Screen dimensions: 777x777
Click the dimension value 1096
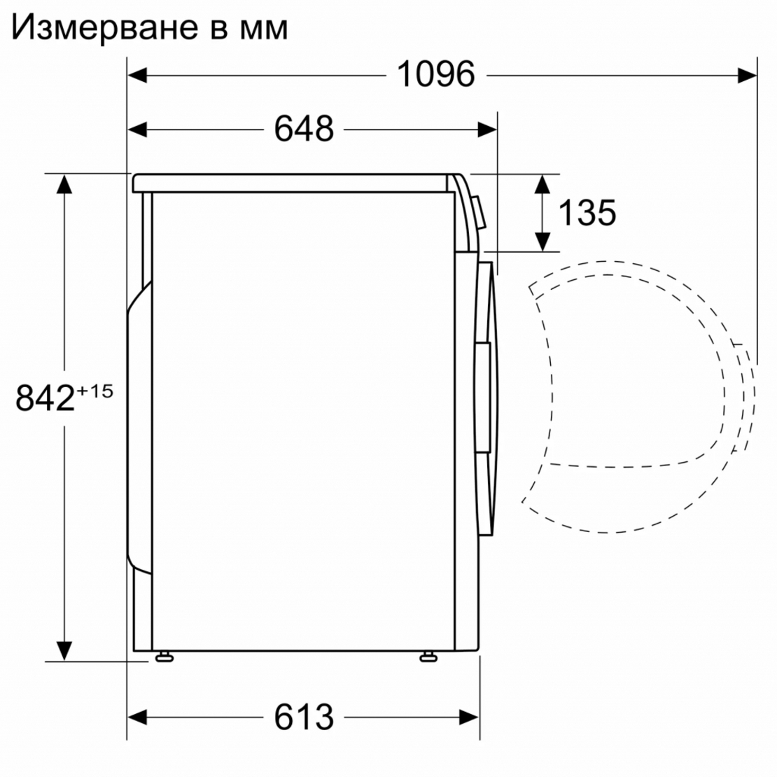click(x=435, y=74)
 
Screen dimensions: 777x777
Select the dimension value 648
click(x=304, y=129)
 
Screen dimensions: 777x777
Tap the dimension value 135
click(x=587, y=212)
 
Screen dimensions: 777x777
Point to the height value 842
click(x=45, y=398)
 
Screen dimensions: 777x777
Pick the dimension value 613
click(x=304, y=717)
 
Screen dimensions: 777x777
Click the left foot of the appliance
click(x=165, y=656)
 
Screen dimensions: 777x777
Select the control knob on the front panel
click(x=479, y=213)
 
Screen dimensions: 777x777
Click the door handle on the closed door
click(x=483, y=395)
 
